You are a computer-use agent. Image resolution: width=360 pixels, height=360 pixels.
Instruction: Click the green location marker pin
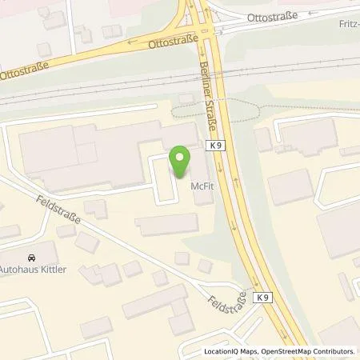tap(180, 160)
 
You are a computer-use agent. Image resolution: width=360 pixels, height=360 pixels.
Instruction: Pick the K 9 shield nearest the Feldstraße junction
tap(262, 297)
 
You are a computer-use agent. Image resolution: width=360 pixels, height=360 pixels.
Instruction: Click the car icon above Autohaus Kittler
tap(31, 258)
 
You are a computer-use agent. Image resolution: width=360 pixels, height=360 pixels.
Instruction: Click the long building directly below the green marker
tap(166, 226)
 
